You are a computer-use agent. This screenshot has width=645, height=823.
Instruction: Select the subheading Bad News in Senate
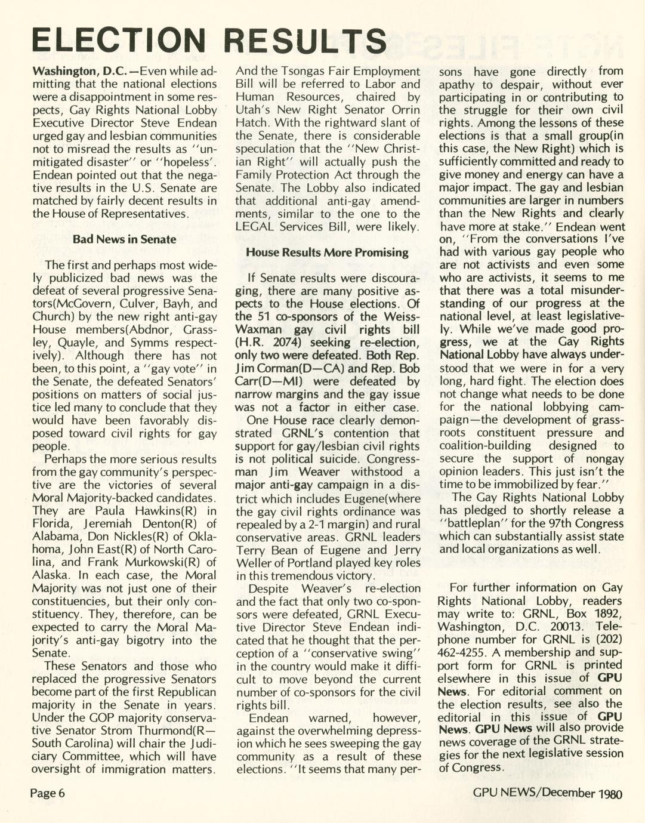pos(124,239)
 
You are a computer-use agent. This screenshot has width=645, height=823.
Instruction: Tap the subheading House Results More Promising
pos(327,252)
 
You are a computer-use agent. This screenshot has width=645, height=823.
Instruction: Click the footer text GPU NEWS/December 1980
pos(547,793)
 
